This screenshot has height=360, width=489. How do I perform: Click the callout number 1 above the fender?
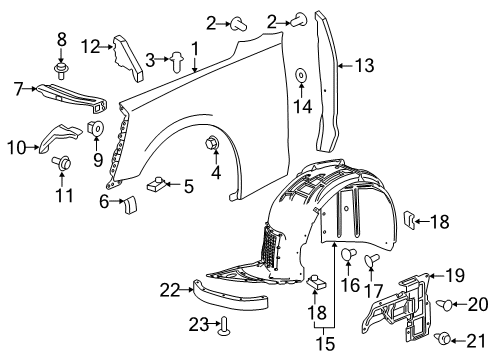[x=195, y=47]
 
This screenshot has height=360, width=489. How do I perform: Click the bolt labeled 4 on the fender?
[x=213, y=143]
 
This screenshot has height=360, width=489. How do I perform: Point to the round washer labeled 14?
[x=300, y=74]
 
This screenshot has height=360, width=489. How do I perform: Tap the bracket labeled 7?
[x=77, y=94]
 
